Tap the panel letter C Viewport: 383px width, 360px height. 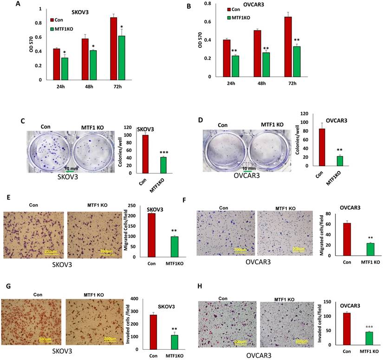click(x=23, y=121)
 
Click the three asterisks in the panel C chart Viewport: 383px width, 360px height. click(x=163, y=152)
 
